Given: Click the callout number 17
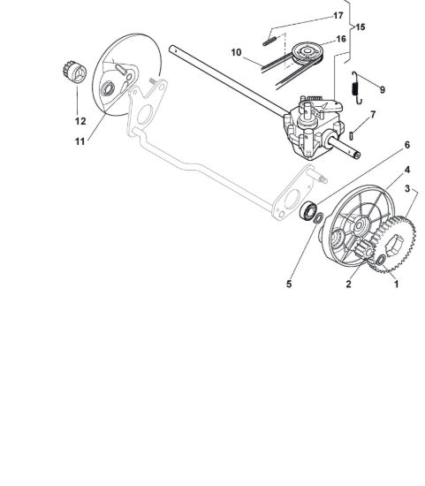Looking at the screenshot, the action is [338, 15].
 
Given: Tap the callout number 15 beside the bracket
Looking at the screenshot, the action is [360, 27].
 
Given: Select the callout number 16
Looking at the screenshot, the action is [341, 39].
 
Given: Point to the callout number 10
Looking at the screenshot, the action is [236, 52].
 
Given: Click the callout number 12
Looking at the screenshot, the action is [80, 121].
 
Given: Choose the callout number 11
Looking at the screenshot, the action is [80, 141].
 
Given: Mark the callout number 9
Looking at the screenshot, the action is [383, 89].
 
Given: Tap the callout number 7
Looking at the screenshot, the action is [373, 115].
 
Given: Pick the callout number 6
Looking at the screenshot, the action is [407, 145].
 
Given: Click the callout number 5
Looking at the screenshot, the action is [289, 284].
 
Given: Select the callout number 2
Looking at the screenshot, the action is [348, 284].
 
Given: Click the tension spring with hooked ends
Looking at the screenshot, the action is [356, 87].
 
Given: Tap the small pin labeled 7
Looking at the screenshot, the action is [351, 136].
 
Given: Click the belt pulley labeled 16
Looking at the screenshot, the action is [307, 53].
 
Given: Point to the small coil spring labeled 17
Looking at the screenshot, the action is [269, 42].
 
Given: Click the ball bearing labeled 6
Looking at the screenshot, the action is [308, 211].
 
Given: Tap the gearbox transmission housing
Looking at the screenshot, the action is [313, 127].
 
